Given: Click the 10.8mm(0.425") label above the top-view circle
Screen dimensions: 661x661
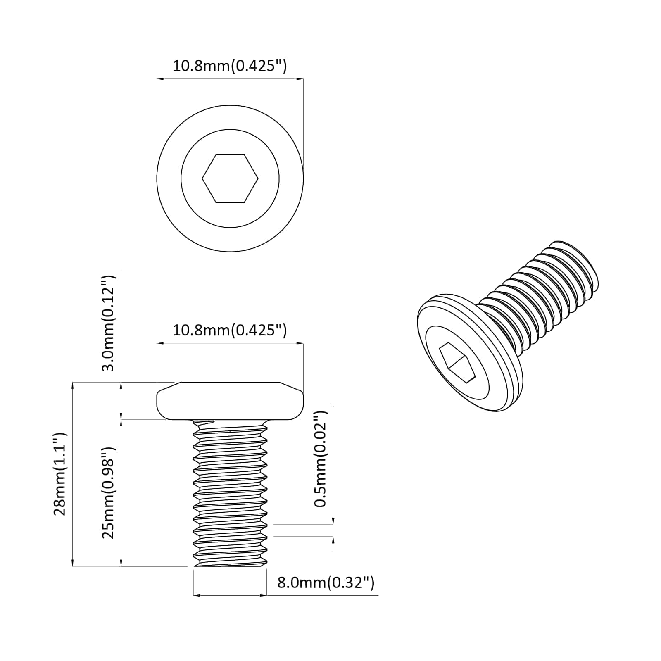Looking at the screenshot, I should (x=230, y=66).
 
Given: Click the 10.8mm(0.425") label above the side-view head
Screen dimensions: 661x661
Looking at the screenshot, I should (x=230, y=330).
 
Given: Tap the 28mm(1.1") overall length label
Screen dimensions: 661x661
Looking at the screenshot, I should (x=60, y=473).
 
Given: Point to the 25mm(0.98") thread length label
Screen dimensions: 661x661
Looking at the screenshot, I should (x=109, y=492).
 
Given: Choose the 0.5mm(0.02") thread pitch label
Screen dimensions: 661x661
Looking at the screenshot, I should (x=321, y=459).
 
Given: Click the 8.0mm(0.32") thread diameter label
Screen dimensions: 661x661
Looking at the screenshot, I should (x=326, y=583).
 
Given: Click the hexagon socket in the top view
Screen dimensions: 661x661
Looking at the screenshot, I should (x=230, y=178).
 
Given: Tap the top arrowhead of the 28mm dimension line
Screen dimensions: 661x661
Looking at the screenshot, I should (x=73, y=385).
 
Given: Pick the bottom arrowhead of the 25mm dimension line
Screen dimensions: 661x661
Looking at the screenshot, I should (x=121, y=564).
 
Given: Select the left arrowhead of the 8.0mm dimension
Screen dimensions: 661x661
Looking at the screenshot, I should (x=196, y=595).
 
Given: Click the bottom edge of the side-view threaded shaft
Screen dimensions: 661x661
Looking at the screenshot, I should (x=230, y=566).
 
